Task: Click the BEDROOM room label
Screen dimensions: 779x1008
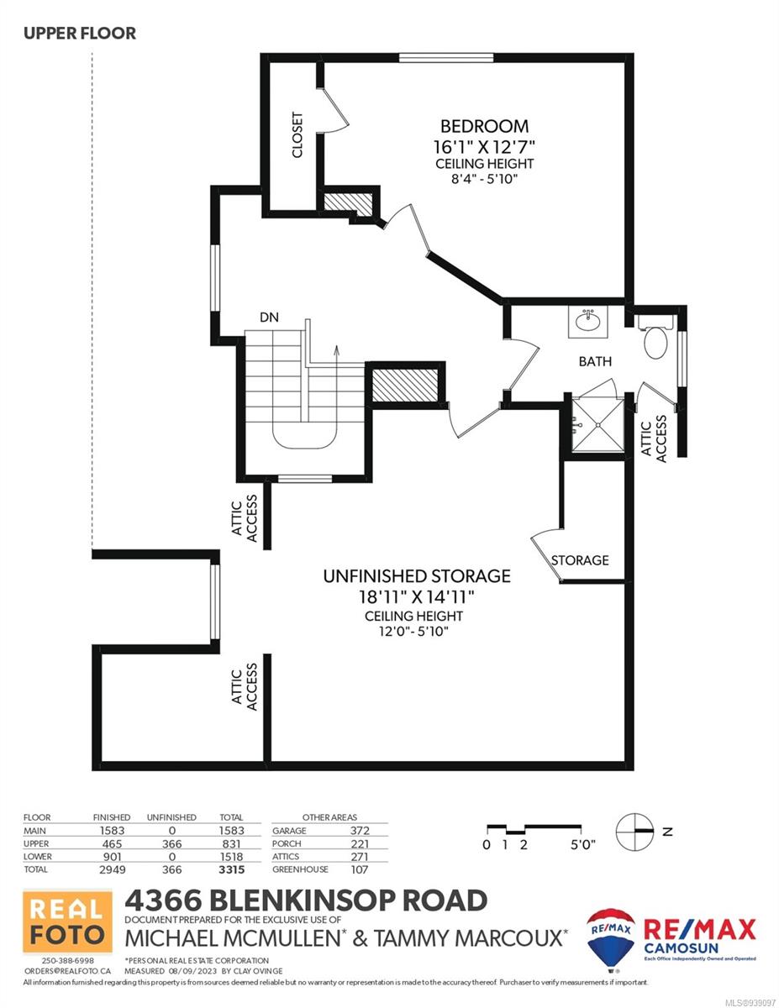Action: click(x=484, y=126)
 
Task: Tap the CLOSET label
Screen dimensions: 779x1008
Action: click(x=297, y=135)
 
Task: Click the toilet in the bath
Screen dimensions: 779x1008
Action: click(x=655, y=337)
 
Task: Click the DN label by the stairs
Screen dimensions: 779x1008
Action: click(x=269, y=318)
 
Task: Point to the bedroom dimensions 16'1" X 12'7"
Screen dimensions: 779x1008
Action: click(x=484, y=147)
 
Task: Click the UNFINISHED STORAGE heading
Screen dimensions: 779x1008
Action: click(x=417, y=575)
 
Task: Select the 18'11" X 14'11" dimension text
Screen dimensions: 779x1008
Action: click(x=417, y=596)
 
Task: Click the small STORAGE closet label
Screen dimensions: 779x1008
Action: click(x=580, y=560)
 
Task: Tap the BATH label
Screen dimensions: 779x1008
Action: click(x=595, y=361)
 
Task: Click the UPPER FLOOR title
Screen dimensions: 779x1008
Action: click(x=80, y=34)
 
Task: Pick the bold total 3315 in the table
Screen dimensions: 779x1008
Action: click(x=232, y=869)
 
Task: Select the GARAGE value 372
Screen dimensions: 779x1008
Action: click(x=360, y=830)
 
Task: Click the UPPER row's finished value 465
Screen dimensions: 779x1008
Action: click(x=112, y=844)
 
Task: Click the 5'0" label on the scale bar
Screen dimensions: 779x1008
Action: click(x=582, y=844)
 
